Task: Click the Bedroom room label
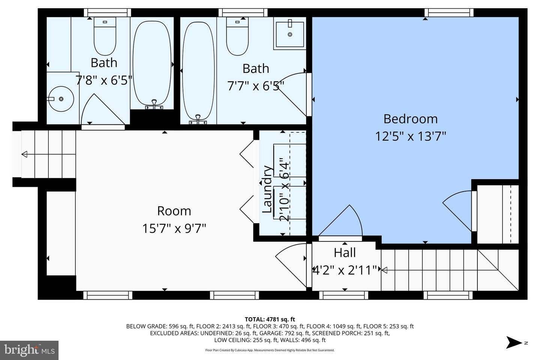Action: (410, 119)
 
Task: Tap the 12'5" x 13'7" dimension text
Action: (410, 136)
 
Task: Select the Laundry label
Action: (267, 189)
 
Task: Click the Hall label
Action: (345, 253)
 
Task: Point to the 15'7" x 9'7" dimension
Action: (174, 228)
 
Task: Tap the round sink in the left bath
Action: (61, 99)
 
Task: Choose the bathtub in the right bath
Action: (198, 71)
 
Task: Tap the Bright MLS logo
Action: (29, 350)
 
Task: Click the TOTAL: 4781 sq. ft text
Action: (270, 319)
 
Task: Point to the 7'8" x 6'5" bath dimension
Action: (104, 80)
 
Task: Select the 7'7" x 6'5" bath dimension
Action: (255, 86)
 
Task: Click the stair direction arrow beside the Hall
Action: (384, 269)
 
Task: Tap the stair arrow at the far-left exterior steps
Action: (25, 154)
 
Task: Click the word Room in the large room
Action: (174, 211)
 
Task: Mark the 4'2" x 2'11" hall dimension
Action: (345, 270)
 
